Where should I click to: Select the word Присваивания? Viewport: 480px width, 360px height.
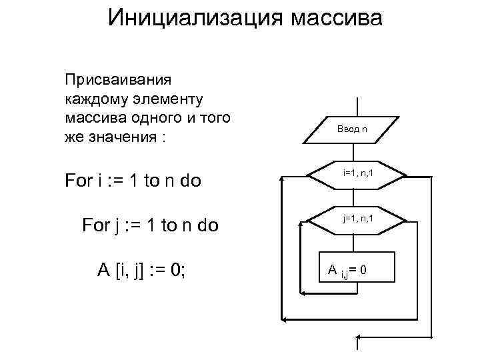pyautogui.click(x=118, y=81)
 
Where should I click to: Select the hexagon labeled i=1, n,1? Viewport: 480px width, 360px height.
pyautogui.click(x=357, y=175)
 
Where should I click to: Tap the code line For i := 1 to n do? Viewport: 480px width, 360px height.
pyautogui.click(x=133, y=181)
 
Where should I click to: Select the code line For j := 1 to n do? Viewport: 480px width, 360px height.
pyautogui.click(x=149, y=225)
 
